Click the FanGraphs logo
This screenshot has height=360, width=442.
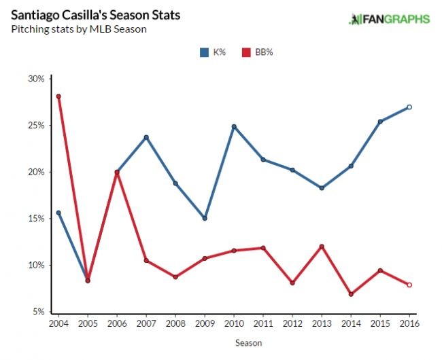pyautogui.click(x=389, y=19)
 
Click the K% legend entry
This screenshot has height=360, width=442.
pyautogui.click(x=213, y=51)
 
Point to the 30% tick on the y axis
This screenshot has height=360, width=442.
pyautogui.click(x=36, y=79)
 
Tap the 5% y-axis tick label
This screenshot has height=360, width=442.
pyautogui.click(x=38, y=312)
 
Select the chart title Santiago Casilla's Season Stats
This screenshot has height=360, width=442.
pyautogui.click(x=97, y=15)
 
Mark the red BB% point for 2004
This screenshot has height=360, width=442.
pyautogui.click(x=58, y=96)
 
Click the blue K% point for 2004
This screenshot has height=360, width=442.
pyautogui.click(x=58, y=213)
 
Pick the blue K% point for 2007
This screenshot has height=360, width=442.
pyautogui.click(x=146, y=137)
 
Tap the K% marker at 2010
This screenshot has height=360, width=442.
pyautogui.click(x=234, y=126)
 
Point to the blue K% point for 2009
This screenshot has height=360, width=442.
pyautogui.click(x=205, y=218)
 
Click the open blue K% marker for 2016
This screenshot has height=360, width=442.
pyautogui.click(x=409, y=107)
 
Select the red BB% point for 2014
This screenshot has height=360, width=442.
pyautogui.click(x=351, y=294)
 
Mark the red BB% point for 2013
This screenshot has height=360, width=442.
pyautogui.click(x=322, y=247)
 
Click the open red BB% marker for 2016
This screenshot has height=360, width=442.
pyautogui.click(x=409, y=285)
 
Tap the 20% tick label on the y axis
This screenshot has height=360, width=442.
pyautogui.click(x=36, y=172)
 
